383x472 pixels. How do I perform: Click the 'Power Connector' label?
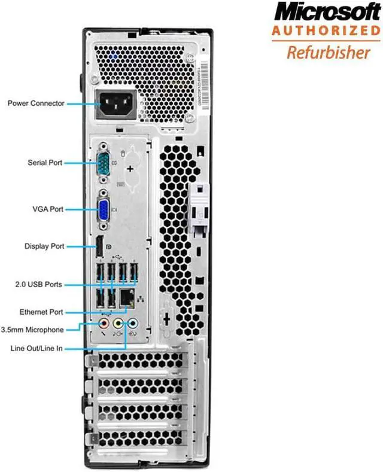point(36,103)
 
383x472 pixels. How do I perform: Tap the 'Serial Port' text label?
point(45,162)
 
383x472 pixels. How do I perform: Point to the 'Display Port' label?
point(44,246)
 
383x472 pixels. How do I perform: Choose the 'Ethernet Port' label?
point(41,312)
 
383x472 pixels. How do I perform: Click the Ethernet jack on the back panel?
point(126,296)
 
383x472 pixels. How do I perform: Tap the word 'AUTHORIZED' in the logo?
point(327,31)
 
